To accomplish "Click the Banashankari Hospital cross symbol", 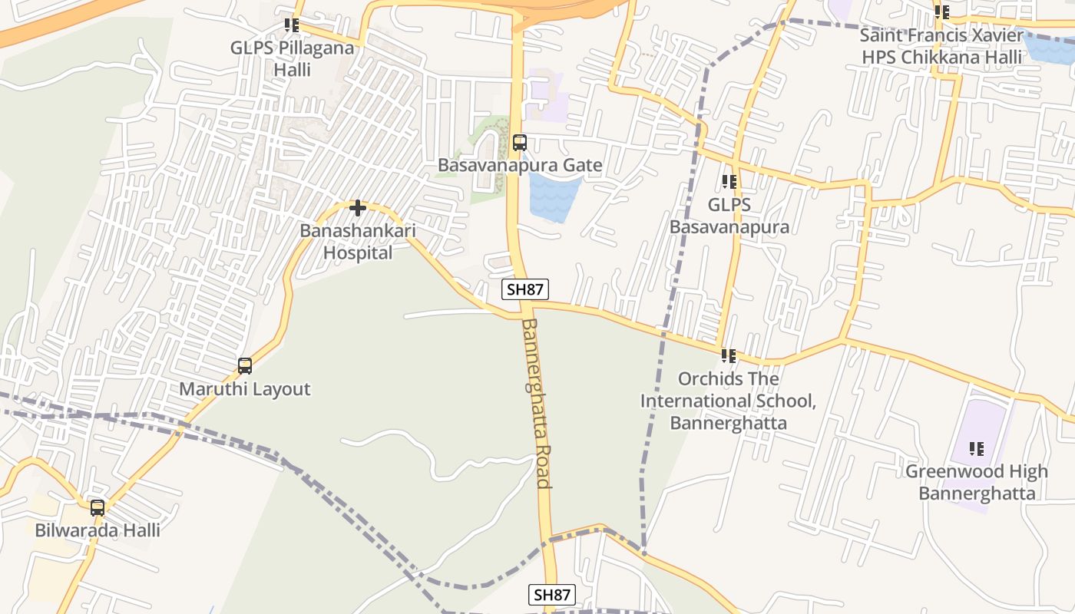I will coord(357,208).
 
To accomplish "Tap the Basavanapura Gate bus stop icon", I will coord(520,143).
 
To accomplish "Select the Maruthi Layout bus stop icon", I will coord(245,366).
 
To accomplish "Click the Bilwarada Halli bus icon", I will coord(98,508).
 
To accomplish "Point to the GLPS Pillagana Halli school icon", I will coord(291,25).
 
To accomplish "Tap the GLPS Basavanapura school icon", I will coord(729,182).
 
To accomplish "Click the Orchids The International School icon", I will coord(728,356).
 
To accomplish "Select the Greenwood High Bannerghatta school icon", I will coord(977,449).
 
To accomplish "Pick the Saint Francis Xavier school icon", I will coord(942,12).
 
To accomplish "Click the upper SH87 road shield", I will coord(525,289).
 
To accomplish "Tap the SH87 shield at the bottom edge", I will coord(552,595).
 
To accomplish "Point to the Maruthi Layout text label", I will coord(245,389).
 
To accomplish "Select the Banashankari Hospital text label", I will coord(357,241).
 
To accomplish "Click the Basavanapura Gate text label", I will coord(520,165).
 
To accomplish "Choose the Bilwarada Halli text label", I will coord(98,530).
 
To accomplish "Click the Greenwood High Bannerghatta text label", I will coord(977,482).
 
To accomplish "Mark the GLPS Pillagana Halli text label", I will coord(293,58).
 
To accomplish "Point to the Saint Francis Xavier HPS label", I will coord(942,46).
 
